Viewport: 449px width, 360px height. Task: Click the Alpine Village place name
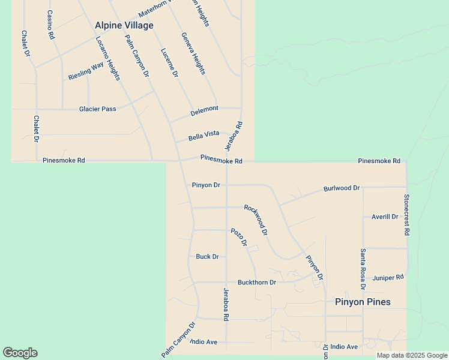[124, 25]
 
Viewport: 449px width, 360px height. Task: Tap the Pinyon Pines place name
[362, 302]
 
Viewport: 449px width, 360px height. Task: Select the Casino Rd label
[50, 25]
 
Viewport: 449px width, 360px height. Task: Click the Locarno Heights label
[108, 59]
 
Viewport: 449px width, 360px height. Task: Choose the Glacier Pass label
[97, 109]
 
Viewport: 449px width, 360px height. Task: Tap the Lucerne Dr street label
[170, 62]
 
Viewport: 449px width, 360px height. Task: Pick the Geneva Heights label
[193, 53]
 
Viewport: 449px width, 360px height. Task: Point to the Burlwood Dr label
[342, 188]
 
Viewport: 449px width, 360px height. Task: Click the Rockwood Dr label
[256, 220]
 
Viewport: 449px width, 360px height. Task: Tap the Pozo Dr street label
[239, 237]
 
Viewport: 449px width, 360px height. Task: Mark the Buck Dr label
[207, 257]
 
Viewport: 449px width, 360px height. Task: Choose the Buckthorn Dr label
[257, 282]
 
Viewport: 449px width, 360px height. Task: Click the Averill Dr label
[385, 217]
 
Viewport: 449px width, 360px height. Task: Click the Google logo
[20, 353]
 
